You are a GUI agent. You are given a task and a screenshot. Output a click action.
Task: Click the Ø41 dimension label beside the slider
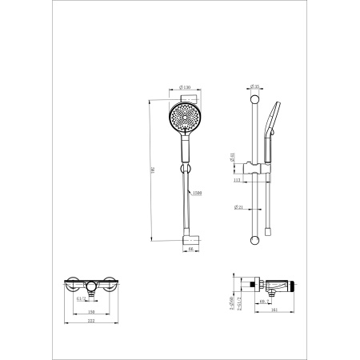click(x=232, y=158)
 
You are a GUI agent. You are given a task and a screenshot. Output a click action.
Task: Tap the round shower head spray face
click(x=185, y=117)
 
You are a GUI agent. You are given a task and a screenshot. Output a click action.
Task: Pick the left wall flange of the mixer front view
click(x=72, y=285)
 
